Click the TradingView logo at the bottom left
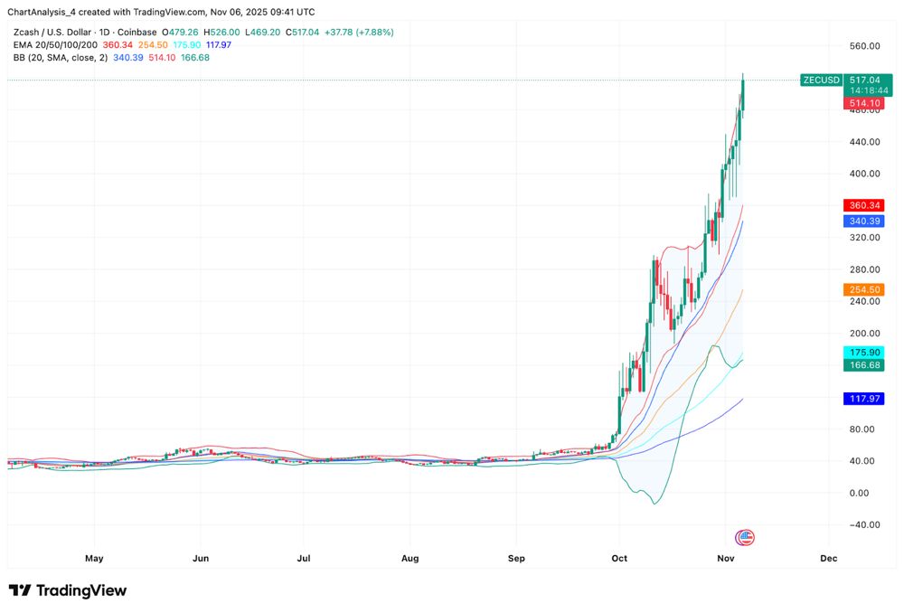[68, 590]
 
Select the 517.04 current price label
[869, 80]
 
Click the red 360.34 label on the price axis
[863, 205]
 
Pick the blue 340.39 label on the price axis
[863, 221]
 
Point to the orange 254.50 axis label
[863, 289]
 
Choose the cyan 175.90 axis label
[863, 352]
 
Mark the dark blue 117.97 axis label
[863, 399]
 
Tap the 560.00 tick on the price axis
[865, 46]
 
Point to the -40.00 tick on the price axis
[865, 524]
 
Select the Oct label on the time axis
[620, 559]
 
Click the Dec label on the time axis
[828, 559]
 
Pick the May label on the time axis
[94, 559]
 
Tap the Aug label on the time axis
[410, 559]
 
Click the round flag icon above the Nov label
[745, 538]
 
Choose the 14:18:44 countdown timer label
[869, 91]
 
